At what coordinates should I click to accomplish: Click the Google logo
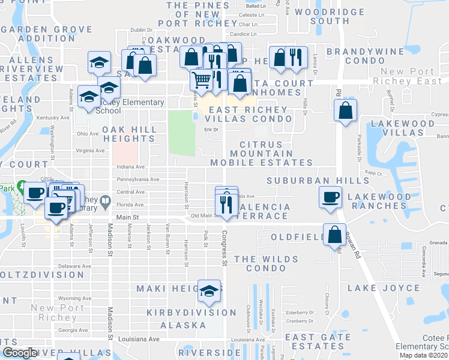[20, 353]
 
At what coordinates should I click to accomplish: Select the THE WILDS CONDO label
[266, 263]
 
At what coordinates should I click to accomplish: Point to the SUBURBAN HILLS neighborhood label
[318, 180]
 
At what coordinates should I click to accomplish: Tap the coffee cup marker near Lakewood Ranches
[330, 198]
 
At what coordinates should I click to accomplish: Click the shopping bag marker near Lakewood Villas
[345, 111]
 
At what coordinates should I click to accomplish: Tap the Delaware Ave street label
[74, 265]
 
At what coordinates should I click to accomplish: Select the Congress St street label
[224, 247]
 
